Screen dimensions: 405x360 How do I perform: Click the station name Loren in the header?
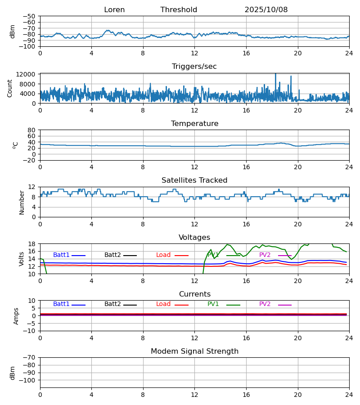[114, 10]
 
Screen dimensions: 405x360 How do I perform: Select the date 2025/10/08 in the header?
[266, 10]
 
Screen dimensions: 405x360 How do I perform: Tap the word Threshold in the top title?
[179, 10]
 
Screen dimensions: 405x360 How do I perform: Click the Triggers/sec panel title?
[194, 67]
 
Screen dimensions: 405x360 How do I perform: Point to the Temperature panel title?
[194, 124]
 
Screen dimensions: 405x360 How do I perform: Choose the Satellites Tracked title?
[194, 180]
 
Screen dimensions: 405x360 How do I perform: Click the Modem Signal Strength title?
[194, 351]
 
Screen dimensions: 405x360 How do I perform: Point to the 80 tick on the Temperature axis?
[31, 130]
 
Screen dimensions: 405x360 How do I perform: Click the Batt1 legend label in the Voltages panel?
[61, 255]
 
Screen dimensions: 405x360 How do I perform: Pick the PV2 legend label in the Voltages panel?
[265, 255]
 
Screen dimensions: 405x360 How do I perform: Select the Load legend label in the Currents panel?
[163, 304]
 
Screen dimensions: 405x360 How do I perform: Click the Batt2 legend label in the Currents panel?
[112, 304]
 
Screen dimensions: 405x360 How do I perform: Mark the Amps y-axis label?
[16, 316]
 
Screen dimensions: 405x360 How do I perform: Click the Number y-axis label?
[22, 202]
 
